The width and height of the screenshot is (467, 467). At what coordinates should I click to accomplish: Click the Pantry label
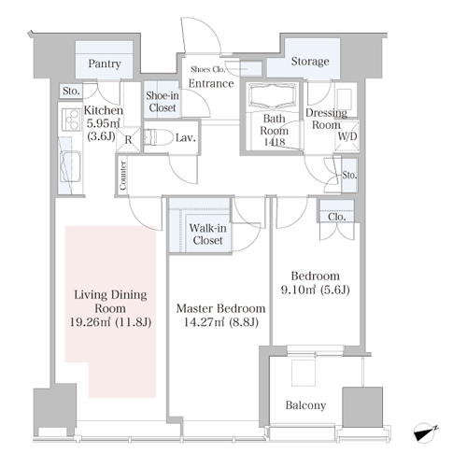(x=105, y=64)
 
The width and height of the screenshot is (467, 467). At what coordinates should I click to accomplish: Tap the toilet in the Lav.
(x=159, y=137)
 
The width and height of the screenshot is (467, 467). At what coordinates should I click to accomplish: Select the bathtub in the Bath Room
(x=273, y=96)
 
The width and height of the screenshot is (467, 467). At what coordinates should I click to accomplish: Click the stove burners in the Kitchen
(x=71, y=120)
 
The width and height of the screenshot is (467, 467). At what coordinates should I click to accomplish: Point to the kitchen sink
(x=71, y=166)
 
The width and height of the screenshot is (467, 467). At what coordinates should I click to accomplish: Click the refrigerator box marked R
(x=128, y=139)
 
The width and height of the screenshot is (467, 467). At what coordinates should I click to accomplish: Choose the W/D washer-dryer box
(x=347, y=136)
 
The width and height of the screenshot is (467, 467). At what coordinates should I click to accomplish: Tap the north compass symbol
(x=425, y=432)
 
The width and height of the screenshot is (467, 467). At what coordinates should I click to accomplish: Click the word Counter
(x=123, y=176)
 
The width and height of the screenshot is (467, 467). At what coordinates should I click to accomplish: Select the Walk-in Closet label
(x=207, y=234)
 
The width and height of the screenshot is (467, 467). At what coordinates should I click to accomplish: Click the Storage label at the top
(x=310, y=62)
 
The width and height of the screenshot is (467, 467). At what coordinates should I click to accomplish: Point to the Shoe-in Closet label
(x=163, y=102)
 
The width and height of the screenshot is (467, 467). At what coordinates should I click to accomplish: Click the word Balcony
(x=305, y=405)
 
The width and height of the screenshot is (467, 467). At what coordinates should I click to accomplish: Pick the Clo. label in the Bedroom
(x=336, y=217)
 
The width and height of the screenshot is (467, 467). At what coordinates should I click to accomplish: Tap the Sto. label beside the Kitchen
(x=71, y=92)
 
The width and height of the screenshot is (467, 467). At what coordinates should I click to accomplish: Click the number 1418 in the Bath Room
(x=275, y=142)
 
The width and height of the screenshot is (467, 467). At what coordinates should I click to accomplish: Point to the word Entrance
(x=211, y=83)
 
